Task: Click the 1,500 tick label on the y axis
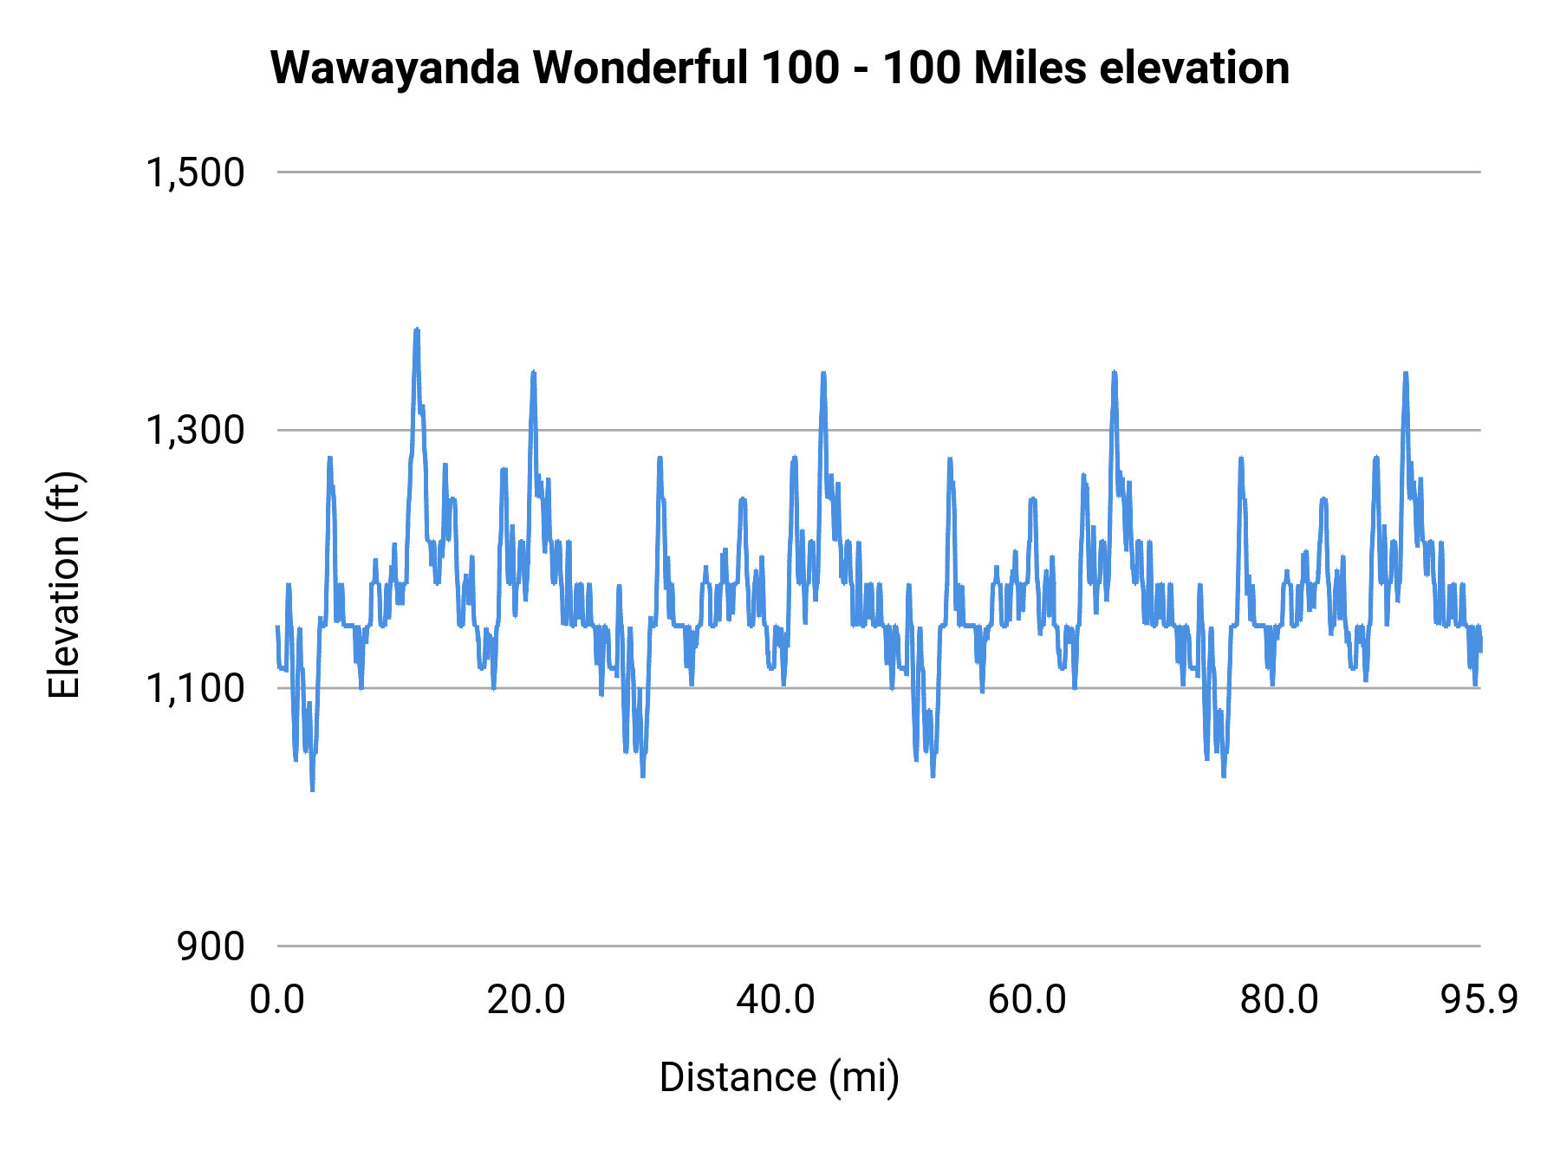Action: (x=195, y=172)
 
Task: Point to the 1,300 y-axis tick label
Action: (x=195, y=430)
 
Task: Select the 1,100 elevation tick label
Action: (x=195, y=688)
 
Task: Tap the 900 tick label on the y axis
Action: (x=211, y=946)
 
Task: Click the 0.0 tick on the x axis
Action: (x=277, y=1000)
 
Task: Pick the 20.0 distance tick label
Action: (x=526, y=1000)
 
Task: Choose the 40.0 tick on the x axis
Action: (x=776, y=1000)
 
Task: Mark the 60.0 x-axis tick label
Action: (x=1027, y=1000)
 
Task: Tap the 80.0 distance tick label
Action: (x=1278, y=1000)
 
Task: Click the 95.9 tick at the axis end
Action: (x=1479, y=1000)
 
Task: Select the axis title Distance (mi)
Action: (x=779, y=1077)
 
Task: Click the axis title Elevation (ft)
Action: (x=64, y=585)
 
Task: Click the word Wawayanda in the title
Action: (x=393, y=68)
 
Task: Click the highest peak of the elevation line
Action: (x=417, y=330)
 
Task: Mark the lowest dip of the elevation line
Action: (x=312, y=790)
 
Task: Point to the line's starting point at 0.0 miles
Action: (x=277, y=627)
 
